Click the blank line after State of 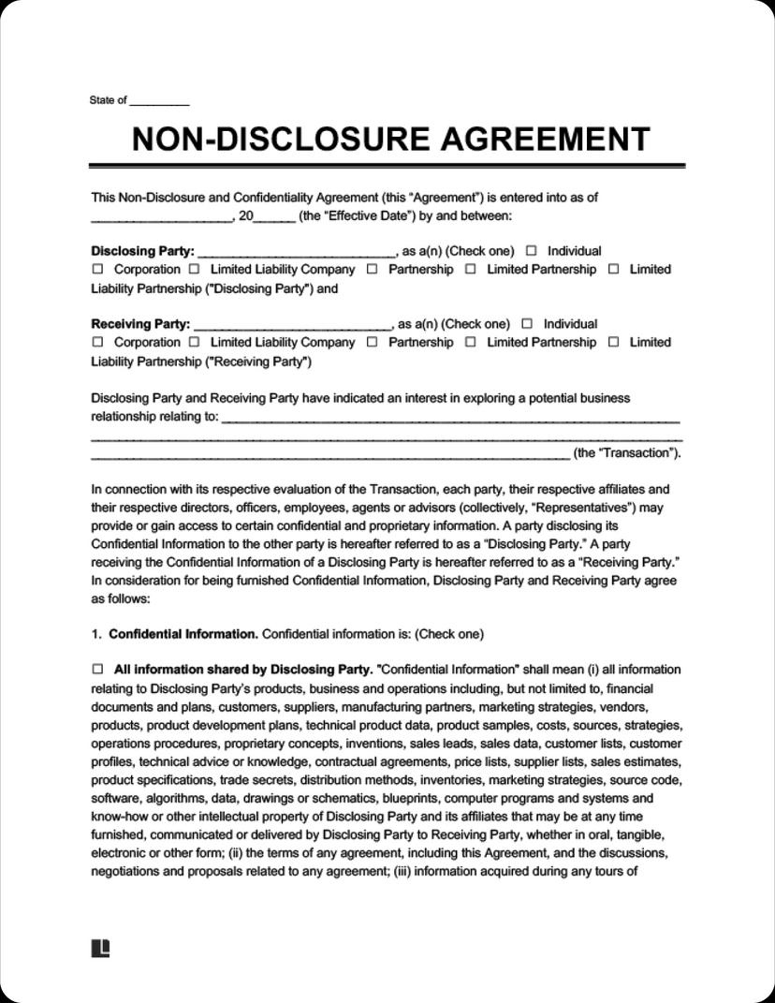click(x=159, y=101)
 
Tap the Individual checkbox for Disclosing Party click(x=532, y=251)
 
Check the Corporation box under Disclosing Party click(x=97, y=270)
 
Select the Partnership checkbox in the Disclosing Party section click(x=372, y=270)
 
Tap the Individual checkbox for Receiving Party click(x=527, y=324)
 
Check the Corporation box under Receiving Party click(x=97, y=343)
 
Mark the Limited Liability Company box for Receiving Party click(x=195, y=343)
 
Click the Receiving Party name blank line click(x=291, y=325)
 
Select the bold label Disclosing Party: click(x=142, y=251)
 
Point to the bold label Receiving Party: click(x=140, y=324)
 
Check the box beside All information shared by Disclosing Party click(x=97, y=670)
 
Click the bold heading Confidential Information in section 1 click(x=183, y=634)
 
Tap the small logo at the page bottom click(x=100, y=949)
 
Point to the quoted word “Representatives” click(x=585, y=508)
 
